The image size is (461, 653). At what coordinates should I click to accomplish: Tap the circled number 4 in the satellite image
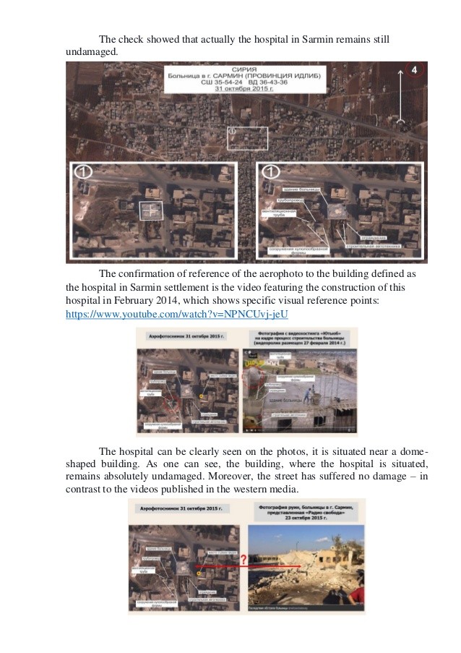(x=415, y=70)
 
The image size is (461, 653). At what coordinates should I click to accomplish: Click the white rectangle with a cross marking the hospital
(x=151, y=210)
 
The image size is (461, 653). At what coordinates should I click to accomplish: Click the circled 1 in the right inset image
(x=270, y=173)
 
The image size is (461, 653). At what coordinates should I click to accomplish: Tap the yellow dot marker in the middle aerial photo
(x=202, y=397)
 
